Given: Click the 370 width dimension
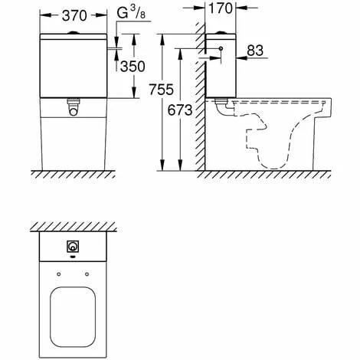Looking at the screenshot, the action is pyautogui.click(x=74, y=15).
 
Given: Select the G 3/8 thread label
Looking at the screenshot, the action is pyautogui.click(x=131, y=13).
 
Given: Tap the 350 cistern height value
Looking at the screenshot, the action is pyautogui.click(x=133, y=67).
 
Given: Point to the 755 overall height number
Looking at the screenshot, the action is pyautogui.click(x=162, y=90).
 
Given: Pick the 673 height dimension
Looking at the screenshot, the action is pyautogui.click(x=180, y=110).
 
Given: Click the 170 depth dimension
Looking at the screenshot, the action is pyautogui.click(x=221, y=8).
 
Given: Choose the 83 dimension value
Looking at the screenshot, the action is pyautogui.click(x=255, y=51).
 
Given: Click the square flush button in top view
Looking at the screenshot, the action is pyautogui.click(x=73, y=247).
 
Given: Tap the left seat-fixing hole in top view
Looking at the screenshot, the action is pyautogui.click(x=59, y=274).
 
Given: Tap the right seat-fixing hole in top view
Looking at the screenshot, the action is pyautogui.click(x=87, y=274).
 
